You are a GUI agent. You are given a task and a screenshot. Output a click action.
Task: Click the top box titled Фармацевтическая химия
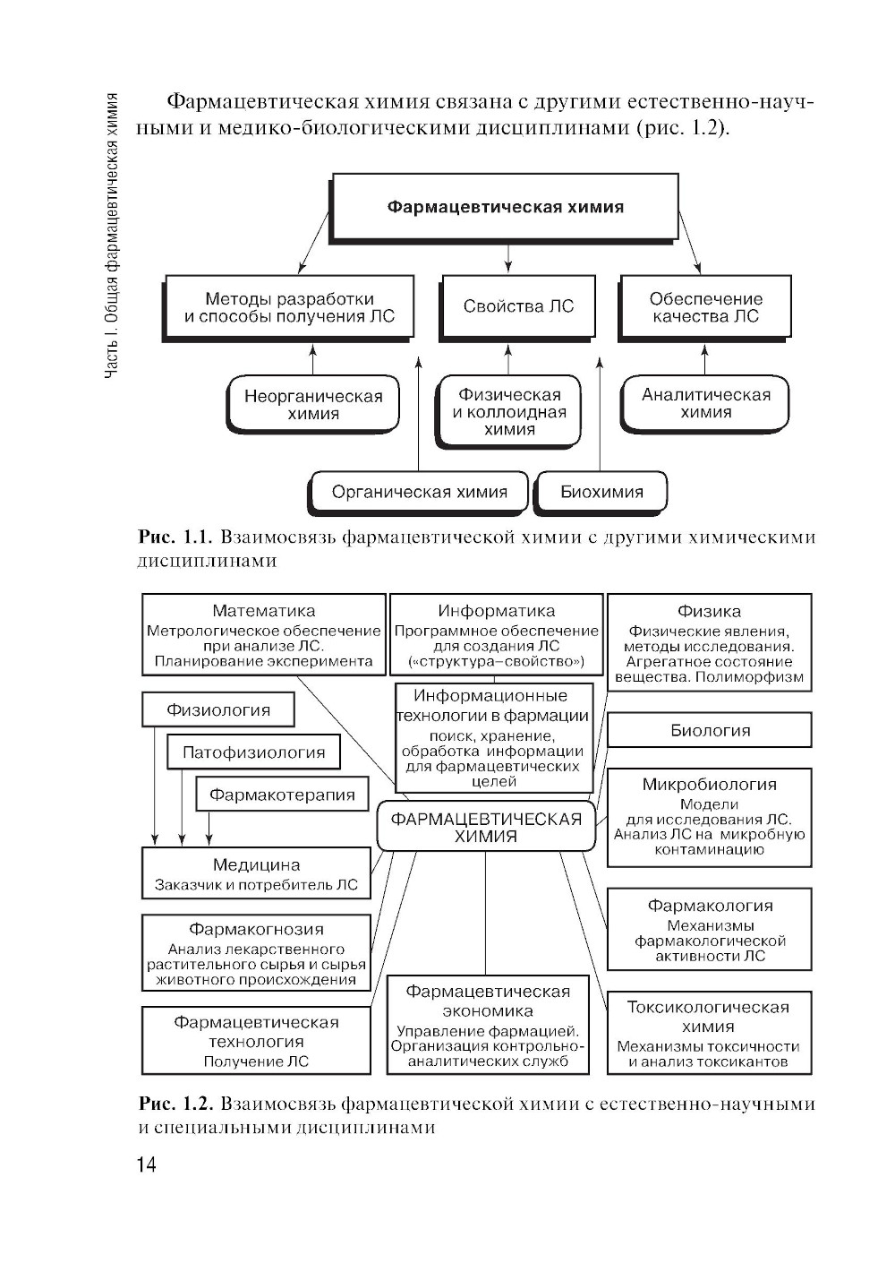tap(505, 207)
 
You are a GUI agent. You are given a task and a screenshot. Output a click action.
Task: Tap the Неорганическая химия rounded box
tap(313, 405)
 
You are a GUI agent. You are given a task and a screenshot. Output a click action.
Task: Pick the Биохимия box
tap(601, 492)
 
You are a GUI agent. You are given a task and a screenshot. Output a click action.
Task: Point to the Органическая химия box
tap(419, 492)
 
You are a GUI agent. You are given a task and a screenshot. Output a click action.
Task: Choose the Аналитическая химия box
tap(705, 404)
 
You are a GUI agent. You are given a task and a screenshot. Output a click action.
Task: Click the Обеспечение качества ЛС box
tap(705, 307)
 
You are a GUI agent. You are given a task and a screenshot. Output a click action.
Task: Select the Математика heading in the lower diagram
tap(263, 611)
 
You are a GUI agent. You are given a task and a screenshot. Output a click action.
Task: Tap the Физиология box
tap(218, 710)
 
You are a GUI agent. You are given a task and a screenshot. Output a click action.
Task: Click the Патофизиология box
tap(253, 752)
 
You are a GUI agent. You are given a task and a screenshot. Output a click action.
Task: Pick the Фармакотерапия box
tap(282, 795)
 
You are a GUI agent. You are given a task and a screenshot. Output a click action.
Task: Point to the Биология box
tap(710, 730)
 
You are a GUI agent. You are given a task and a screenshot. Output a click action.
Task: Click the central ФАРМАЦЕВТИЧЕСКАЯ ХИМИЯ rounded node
tap(486, 827)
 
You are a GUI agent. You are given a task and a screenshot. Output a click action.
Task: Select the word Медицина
tap(256, 865)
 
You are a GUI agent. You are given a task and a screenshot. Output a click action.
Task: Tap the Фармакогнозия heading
tap(256, 930)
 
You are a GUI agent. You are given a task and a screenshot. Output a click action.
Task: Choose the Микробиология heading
tap(709, 785)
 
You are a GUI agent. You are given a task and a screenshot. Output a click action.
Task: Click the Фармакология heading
tap(710, 906)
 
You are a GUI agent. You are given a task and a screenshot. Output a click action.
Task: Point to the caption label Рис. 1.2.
tap(175, 1104)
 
